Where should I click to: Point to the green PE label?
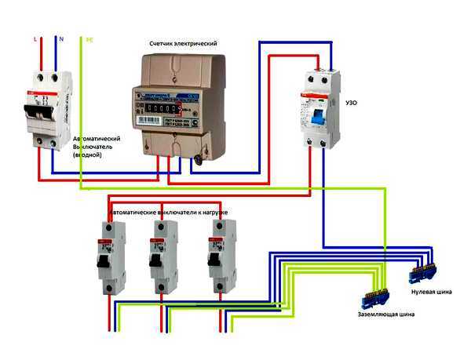coord(88,37)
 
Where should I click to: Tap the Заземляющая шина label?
coord(383,314)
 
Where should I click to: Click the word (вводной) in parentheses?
coord(91,155)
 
